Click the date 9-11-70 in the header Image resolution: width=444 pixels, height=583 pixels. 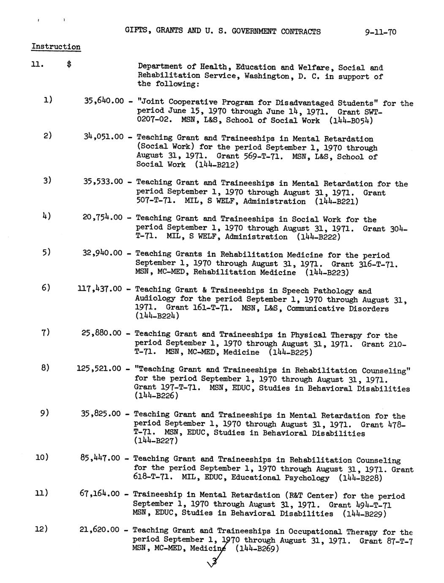(381, 32)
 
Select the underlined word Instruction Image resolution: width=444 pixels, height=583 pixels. (56, 47)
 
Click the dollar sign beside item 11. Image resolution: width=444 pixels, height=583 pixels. (69, 65)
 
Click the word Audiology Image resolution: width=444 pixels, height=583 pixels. (157, 299)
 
